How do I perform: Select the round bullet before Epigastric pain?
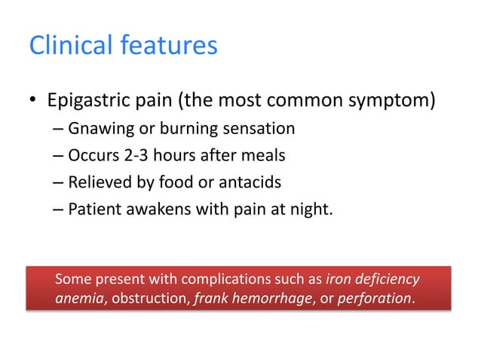[34, 102]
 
